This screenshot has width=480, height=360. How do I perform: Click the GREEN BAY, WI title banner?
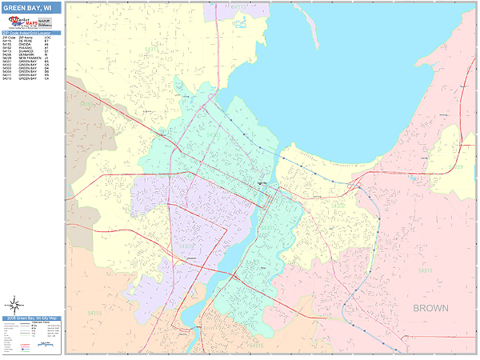pos(32,7)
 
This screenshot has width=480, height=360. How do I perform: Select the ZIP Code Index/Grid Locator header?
pos(32,33)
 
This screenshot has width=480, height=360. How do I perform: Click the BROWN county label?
pos(433,307)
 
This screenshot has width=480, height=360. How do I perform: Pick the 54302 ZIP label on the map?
pos(339,206)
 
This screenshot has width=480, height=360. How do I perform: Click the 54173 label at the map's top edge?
pos(241,6)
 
